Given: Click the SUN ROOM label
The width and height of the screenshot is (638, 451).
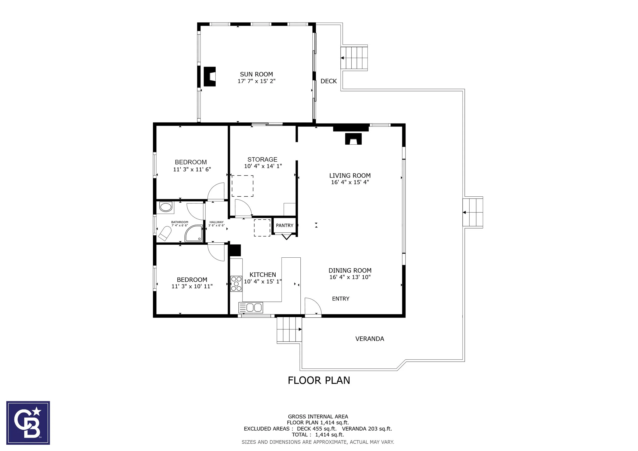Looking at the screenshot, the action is tap(256, 74).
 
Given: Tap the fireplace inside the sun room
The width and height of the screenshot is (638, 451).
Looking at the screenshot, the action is tap(210, 76).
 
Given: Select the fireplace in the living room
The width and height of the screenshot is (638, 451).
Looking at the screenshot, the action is tap(353, 139).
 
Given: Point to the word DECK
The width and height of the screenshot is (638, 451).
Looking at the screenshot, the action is tap(328, 81).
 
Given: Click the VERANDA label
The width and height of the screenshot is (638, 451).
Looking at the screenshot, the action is tap(370, 339).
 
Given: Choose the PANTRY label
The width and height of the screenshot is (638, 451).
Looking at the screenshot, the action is tap(285, 225).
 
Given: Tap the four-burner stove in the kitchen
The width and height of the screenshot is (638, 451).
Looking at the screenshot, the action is tap(236, 284).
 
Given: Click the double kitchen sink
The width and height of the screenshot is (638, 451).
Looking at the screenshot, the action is tap(251, 308).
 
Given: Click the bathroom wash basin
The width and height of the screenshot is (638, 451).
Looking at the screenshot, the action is tap(166, 207).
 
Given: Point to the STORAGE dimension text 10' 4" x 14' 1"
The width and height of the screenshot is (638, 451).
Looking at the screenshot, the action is tap(263, 166).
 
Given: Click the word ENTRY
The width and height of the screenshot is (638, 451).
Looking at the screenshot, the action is tap(341, 298).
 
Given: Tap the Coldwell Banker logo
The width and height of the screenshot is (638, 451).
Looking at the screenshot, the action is tap(28, 423).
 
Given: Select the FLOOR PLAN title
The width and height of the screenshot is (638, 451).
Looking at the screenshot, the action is tap(319, 380).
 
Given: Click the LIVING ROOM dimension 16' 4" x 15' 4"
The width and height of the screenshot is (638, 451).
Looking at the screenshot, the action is tap(350, 182).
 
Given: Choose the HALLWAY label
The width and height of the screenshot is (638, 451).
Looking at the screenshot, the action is tap(216, 222).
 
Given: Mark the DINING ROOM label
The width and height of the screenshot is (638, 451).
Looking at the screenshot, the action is tap(350, 270).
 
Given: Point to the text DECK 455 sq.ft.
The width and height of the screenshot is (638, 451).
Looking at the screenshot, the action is tap(316, 429).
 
